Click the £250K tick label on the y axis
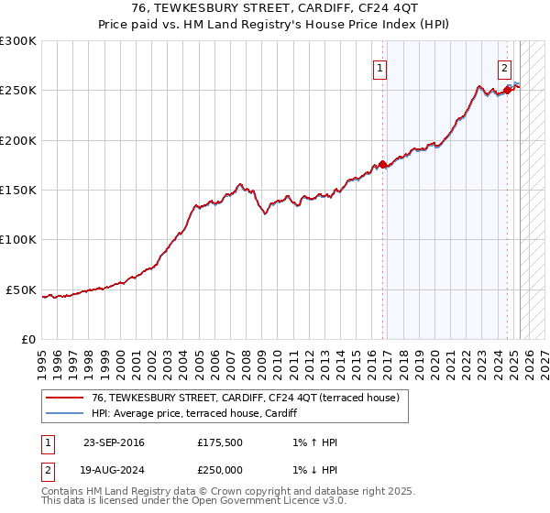coord(18,91)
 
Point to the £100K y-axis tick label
coord(18,240)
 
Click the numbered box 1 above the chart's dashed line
coord(379,66)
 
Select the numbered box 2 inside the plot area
coord(504,66)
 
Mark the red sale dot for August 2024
coord(507,91)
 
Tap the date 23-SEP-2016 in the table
coord(114,442)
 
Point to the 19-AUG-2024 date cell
coord(114,470)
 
